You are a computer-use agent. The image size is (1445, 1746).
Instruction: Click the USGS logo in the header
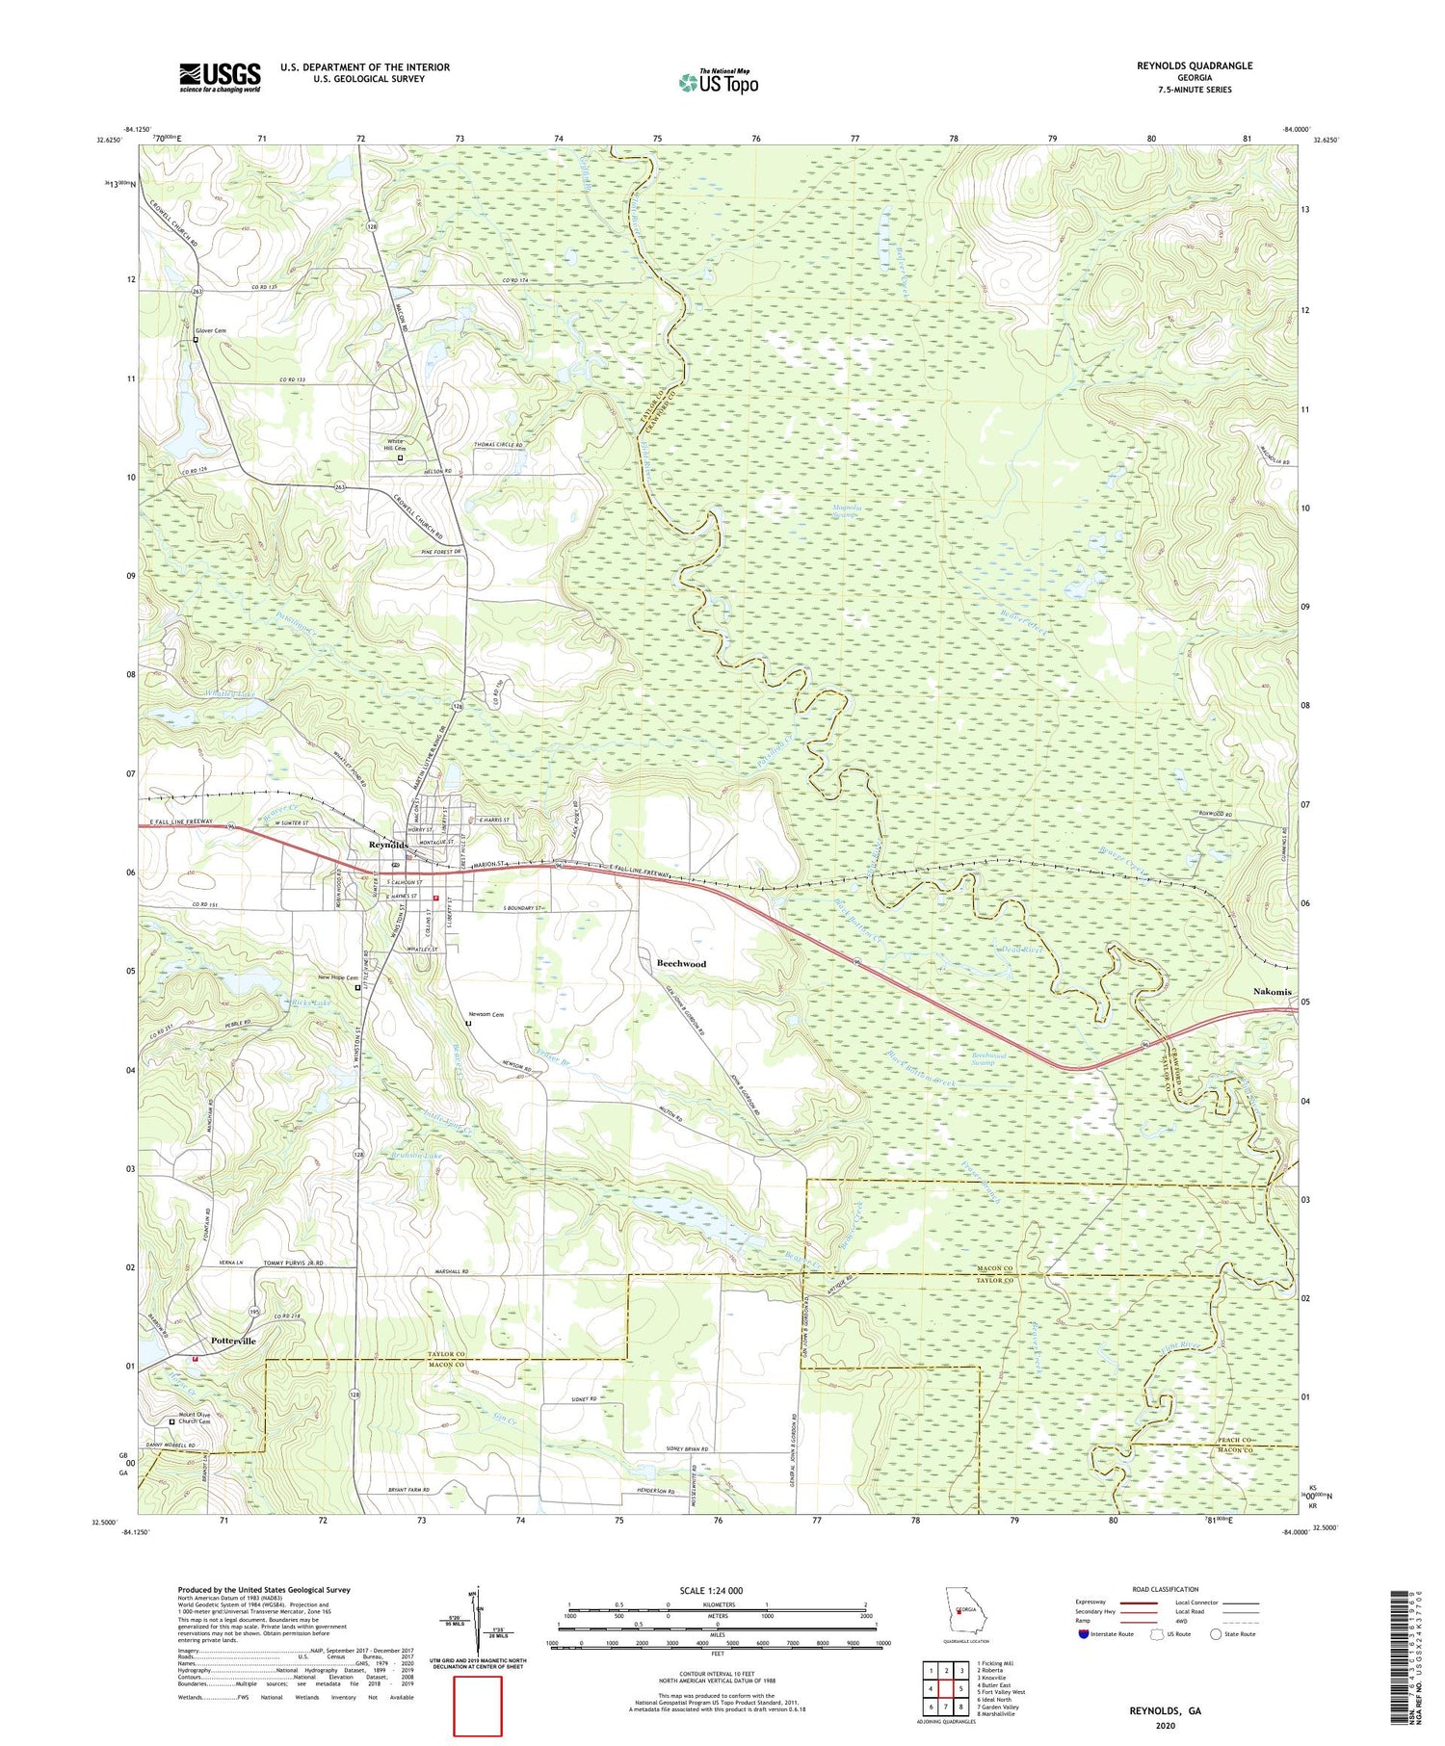pyautogui.click(x=220, y=77)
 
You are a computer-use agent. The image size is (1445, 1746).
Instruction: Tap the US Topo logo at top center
pyautogui.click(x=718, y=82)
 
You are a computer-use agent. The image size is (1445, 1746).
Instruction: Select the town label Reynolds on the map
pyautogui.click(x=389, y=845)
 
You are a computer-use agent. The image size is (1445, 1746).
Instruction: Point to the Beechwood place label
pyautogui.click(x=681, y=963)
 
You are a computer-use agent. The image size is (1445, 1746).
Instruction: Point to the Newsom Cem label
pyautogui.click(x=486, y=1014)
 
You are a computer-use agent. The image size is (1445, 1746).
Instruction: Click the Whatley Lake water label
pyautogui.click(x=230, y=693)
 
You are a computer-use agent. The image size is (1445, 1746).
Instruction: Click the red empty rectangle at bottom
pyautogui.click(x=478, y=1706)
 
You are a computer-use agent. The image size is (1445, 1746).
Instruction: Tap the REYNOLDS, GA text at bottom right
pyautogui.click(x=1165, y=1711)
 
